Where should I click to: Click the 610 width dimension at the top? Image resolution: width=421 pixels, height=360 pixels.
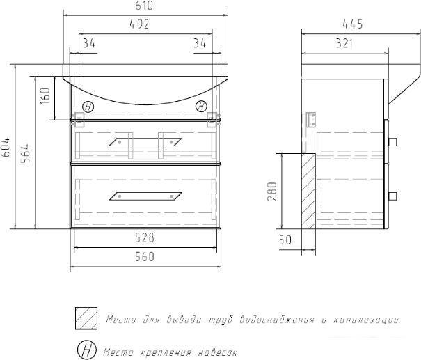tap(144, 6)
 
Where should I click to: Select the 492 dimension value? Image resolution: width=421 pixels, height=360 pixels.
tap(139, 24)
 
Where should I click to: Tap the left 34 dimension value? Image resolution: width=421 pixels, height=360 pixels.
tap(89, 43)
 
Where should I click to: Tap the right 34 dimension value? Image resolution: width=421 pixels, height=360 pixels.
tap(200, 43)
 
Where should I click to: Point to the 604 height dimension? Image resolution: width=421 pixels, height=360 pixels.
tap(6, 147)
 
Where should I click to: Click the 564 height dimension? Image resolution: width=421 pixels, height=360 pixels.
tap(26, 154)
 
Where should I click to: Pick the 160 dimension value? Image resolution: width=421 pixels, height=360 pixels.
tap(45, 96)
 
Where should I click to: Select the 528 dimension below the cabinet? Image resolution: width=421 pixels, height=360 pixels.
tap(145, 237)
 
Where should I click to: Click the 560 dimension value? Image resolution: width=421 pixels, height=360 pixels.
tap(145, 256)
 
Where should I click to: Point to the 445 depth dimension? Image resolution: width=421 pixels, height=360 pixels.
tap(353, 24)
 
